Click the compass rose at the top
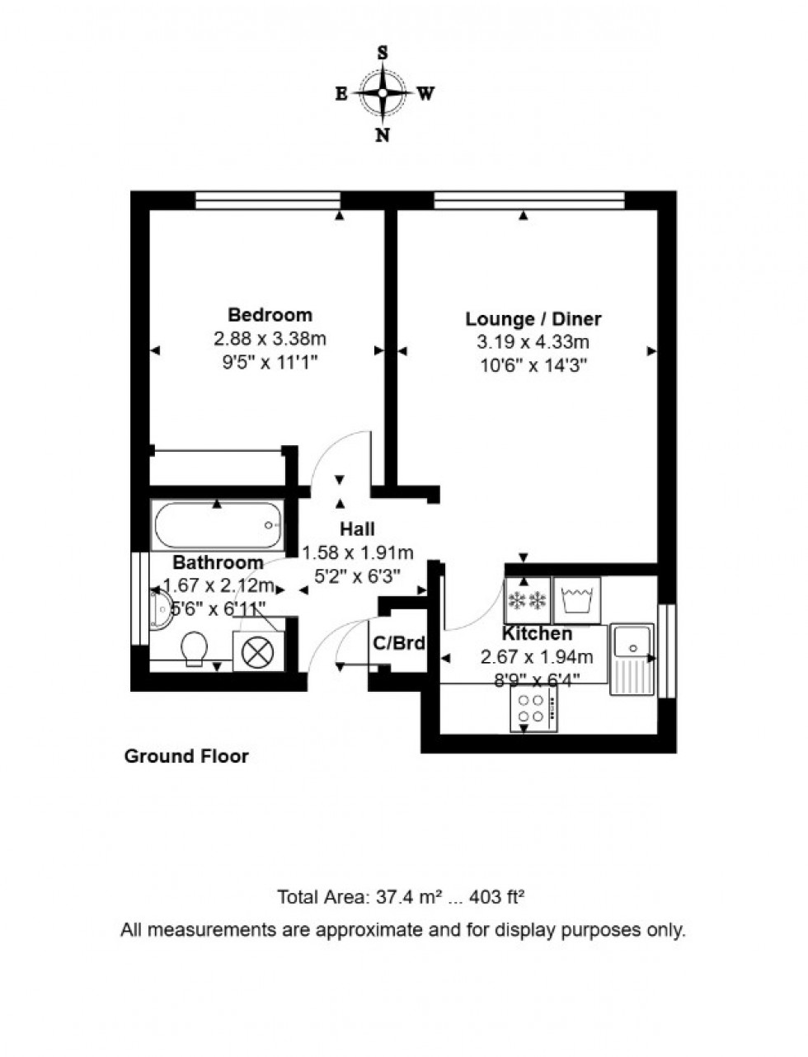tap(383, 93)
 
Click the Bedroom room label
tap(270, 314)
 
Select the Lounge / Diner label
tap(533, 318)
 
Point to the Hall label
tap(357, 528)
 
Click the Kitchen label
tap(537, 633)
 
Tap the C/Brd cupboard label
tap(399, 642)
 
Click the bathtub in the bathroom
tap(218, 526)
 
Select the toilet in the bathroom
tap(195, 648)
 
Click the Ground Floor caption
tap(186, 755)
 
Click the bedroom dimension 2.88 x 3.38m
tap(270, 338)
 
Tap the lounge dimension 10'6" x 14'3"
tap(533, 364)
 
